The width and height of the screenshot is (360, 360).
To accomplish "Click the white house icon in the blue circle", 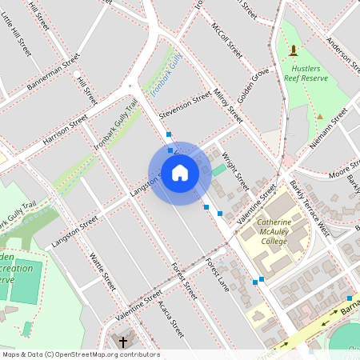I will click(179, 173).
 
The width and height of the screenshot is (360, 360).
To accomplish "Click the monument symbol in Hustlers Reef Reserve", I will click(293, 51).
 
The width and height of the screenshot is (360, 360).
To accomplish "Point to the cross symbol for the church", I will click(123, 342).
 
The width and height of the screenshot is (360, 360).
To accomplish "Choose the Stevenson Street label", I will click(185, 107).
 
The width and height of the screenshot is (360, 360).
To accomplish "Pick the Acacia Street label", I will click(171, 320).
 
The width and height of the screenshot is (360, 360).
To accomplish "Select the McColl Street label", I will click(226, 39).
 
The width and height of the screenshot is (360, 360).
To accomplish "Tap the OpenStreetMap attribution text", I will click(82, 354).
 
